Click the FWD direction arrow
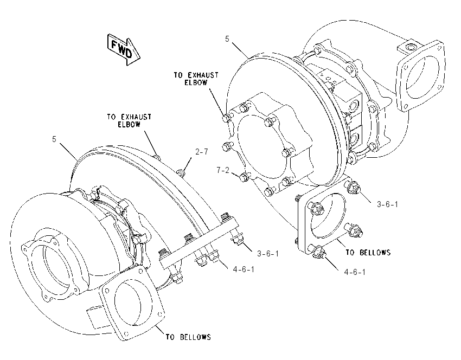(124, 50)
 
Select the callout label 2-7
(201, 152)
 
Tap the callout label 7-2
(223, 170)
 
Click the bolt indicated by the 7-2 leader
(244, 177)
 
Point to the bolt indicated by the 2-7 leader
(181, 172)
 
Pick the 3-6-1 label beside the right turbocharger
(387, 204)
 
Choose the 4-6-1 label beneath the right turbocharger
(355, 272)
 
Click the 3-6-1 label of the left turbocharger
(268, 253)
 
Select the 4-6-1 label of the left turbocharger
(244, 269)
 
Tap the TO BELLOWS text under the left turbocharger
(188, 337)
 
